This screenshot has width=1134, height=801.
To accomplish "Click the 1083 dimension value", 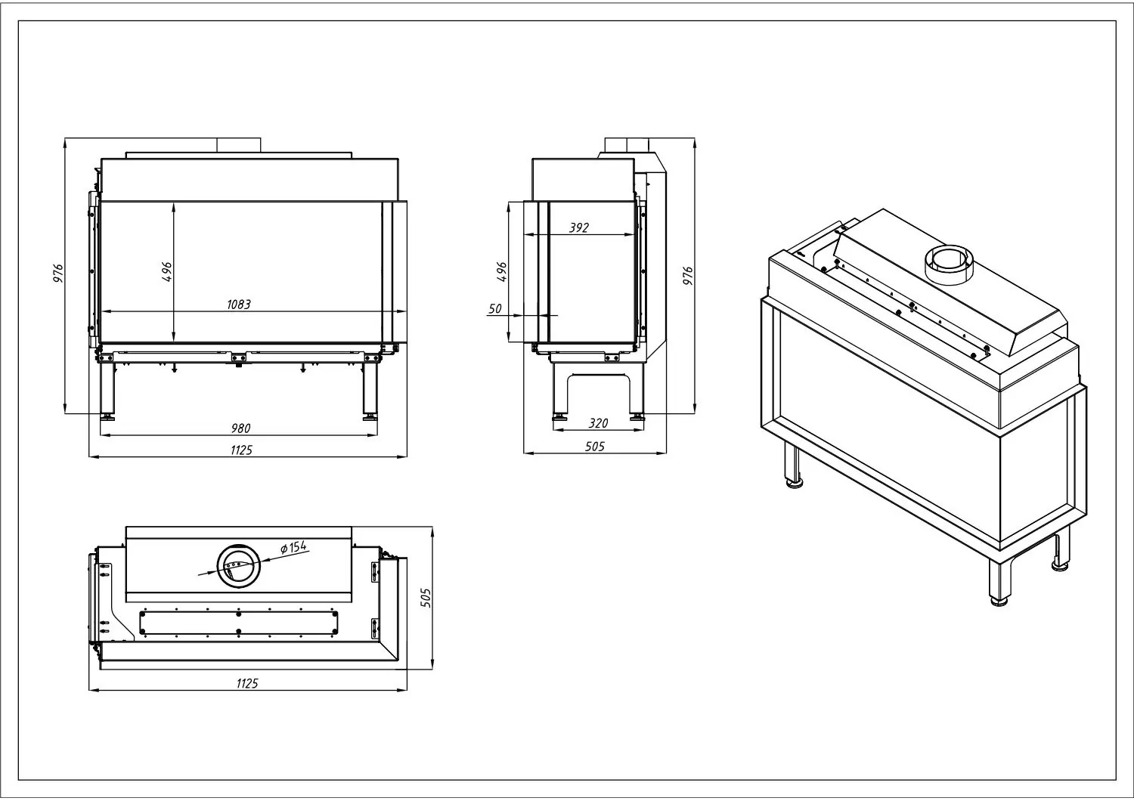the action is point(238,304).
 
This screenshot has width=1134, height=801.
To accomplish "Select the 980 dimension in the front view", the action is point(240,428).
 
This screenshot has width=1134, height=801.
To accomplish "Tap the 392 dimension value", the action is point(579,227).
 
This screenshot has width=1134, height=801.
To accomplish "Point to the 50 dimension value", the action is point(495,308).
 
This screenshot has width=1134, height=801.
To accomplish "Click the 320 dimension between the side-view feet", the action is point(598,423).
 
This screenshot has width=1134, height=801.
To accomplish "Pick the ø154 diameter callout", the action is point(293,547).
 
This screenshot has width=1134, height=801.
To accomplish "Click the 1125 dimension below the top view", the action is point(247,684).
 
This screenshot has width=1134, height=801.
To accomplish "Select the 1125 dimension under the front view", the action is point(241,450).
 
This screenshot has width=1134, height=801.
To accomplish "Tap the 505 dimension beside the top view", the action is point(426,598).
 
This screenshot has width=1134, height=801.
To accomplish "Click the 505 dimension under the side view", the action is point(595,447).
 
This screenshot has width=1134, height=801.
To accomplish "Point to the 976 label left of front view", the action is point(59,274).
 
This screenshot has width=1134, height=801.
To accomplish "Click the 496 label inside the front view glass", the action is point(166,272).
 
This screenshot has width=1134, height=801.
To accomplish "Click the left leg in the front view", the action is point(107,390).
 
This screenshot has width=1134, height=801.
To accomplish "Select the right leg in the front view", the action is point(370,390).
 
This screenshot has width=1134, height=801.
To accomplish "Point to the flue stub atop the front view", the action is point(239,145).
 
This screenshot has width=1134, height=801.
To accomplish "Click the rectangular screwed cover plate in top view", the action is point(239,623).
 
